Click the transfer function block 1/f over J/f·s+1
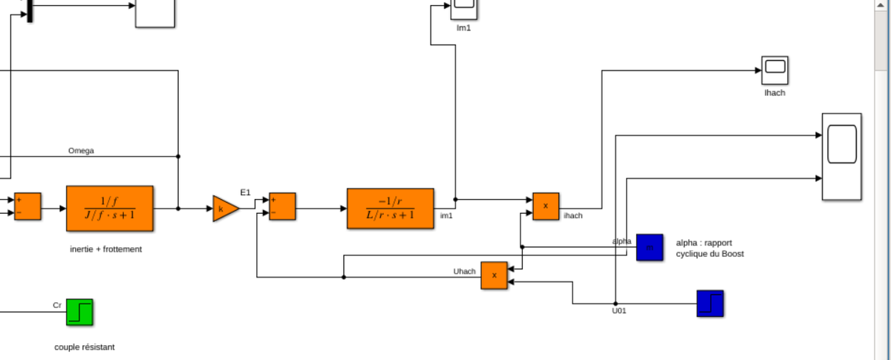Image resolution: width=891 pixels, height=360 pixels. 110,209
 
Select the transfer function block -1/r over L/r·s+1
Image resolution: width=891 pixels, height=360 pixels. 391,209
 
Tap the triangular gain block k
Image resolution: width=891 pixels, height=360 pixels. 225,209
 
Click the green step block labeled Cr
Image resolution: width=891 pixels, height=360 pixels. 79,312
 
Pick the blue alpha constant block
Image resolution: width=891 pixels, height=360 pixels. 649,247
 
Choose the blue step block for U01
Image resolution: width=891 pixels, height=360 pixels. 710,303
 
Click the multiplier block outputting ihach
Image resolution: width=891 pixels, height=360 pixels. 546,206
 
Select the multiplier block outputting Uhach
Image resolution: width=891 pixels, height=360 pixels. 494,275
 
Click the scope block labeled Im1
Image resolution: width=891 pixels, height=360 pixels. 464,8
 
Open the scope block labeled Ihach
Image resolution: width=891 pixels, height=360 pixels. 774,71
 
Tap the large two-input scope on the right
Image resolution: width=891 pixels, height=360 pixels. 841,157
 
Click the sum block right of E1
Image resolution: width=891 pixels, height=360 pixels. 282,206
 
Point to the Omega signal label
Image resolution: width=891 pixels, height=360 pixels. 81,151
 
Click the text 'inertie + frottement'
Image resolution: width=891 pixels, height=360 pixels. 105,249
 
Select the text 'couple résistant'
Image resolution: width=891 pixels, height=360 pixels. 85,347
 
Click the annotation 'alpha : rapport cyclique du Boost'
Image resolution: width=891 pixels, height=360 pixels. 709,248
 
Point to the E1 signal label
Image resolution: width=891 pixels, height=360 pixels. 245,193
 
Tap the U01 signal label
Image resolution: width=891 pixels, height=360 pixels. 619,311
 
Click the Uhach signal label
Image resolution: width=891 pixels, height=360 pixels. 465,271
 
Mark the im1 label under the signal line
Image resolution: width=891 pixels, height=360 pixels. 446,216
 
